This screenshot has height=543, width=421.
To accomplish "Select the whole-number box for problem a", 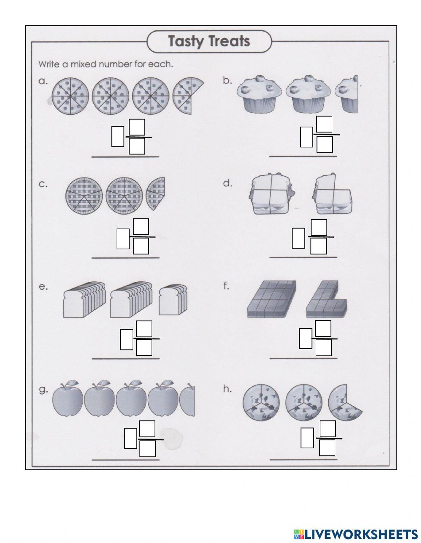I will (117, 137).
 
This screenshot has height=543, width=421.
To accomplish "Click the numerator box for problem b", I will (324, 124).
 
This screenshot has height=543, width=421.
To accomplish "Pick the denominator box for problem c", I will (141, 246).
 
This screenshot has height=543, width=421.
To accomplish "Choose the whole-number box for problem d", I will (298, 238).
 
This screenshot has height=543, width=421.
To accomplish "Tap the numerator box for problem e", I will (144, 328).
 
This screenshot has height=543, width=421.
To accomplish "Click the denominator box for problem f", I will (323, 347).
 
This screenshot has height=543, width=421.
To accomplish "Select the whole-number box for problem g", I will (131, 438).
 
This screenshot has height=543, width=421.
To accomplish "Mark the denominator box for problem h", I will (327, 448).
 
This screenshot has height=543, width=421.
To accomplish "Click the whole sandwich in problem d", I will (272, 194).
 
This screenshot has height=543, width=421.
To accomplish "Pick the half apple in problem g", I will (188, 402).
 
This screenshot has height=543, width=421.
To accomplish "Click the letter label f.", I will (226, 286).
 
